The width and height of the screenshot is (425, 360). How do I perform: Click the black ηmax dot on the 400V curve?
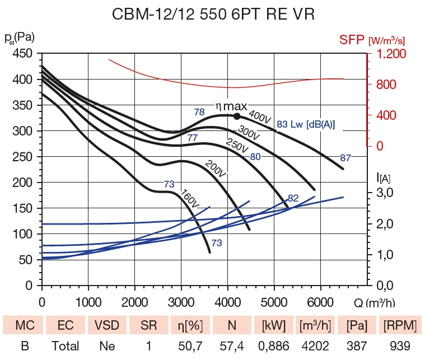point(237,116)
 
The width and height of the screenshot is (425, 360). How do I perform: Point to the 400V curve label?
point(260,117)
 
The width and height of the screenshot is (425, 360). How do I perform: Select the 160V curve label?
point(190,202)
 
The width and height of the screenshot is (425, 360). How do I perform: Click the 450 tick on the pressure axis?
point(22,54)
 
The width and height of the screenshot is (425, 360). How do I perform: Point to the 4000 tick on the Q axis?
point(227,302)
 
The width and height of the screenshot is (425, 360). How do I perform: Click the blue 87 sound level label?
point(345,157)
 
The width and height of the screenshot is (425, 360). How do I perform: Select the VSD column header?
point(107,325)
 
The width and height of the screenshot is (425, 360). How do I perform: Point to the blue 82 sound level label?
point(293,198)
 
